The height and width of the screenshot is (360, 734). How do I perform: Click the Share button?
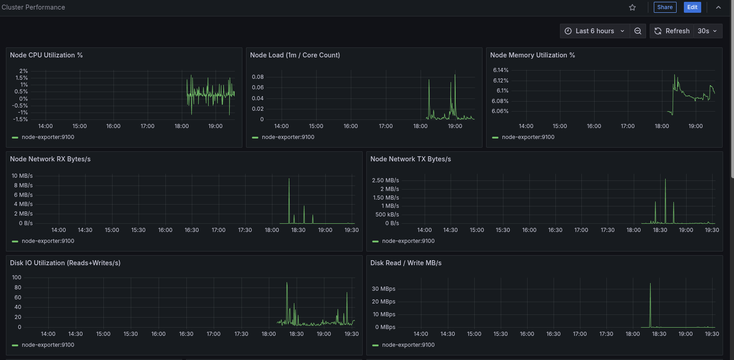[665, 7]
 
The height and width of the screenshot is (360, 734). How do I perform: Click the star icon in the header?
[632, 7]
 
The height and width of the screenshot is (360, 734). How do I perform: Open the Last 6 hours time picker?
[595, 31]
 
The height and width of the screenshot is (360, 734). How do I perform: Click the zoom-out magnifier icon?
[638, 31]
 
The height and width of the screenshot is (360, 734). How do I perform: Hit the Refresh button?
[672, 31]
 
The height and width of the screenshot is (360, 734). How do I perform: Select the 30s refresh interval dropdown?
[708, 31]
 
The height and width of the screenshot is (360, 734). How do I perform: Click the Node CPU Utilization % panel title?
[46, 55]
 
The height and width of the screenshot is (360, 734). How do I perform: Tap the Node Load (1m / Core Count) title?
[295, 55]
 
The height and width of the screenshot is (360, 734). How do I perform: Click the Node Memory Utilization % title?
[532, 55]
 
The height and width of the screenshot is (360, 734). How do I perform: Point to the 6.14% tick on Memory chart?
[500, 70]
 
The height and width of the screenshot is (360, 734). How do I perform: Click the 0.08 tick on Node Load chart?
[258, 77]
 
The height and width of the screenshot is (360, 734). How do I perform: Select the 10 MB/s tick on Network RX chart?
[22, 176]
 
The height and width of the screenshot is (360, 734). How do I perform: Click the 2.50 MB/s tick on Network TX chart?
[385, 180]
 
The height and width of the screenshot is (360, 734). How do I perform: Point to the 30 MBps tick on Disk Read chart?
[384, 289]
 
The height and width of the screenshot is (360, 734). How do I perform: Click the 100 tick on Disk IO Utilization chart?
[16, 278]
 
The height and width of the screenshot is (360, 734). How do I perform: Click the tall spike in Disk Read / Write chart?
[650, 285]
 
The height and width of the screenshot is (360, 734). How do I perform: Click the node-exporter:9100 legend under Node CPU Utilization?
[48, 137]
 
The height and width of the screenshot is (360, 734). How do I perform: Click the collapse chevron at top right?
[719, 7]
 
